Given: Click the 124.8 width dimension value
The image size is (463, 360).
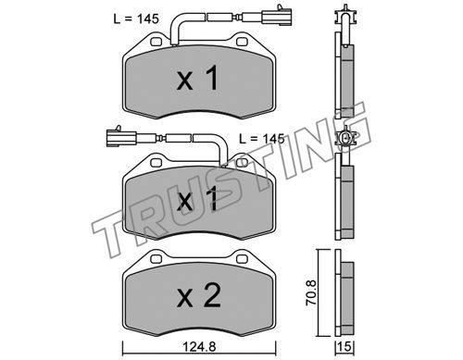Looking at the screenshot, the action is [199, 347].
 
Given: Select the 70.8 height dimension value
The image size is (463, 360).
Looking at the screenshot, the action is [311, 292].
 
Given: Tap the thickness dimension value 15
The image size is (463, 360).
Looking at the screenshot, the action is [344, 347].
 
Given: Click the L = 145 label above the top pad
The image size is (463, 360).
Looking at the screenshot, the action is [136, 19].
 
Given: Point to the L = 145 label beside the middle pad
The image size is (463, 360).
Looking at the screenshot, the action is [262, 139].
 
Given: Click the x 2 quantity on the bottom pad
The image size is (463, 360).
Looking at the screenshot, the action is [199, 296].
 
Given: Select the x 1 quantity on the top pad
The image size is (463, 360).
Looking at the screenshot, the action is [198, 79].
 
